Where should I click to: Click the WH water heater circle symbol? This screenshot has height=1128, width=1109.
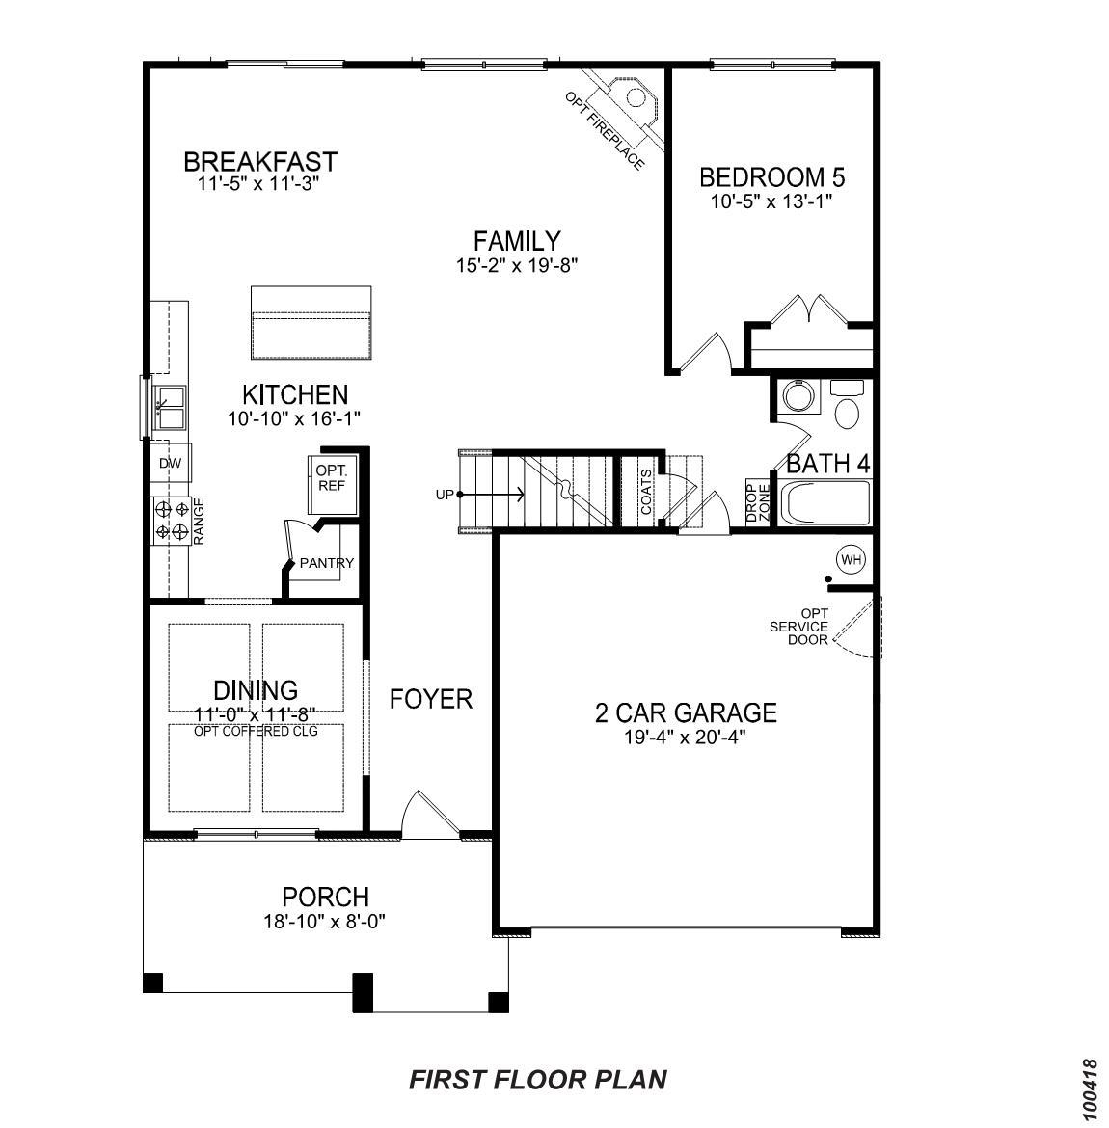pyautogui.click(x=850, y=558)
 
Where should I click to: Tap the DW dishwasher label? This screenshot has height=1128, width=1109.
pyautogui.click(x=170, y=464)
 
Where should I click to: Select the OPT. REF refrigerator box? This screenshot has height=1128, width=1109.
pyautogui.click(x=331, y=478)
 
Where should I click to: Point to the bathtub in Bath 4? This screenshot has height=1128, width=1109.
pyautogui.click(x=825, y=502)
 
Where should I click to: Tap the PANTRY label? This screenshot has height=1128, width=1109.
pyautogui.click(x=326, y=563)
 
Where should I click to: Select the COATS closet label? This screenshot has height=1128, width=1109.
pyautogui.click(x=645, y=492)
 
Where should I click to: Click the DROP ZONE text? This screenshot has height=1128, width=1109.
pyautogui.click(x=757, y=501)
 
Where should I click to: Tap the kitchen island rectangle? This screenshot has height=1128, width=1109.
pyautogui.click(x=311, y=322)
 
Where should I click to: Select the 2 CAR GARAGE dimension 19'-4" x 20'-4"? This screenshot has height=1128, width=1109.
pyautogui.click(x=685, y=738)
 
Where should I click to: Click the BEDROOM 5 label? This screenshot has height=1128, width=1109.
pyautogui.click(x=771, y=177)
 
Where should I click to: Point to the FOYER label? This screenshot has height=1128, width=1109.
pyautogui.click(x=431, y=699)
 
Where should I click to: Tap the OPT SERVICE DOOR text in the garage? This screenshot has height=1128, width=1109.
pyautogui.click(x=798, y=627)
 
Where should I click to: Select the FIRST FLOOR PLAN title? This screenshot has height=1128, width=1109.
pyautogui.click(x=537, y=1079)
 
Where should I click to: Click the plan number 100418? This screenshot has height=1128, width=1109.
pyautogui.click(x=1090, y=1089)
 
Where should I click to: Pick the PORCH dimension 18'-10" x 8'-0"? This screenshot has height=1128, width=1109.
pyautogui.click(x=324, y=921)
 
